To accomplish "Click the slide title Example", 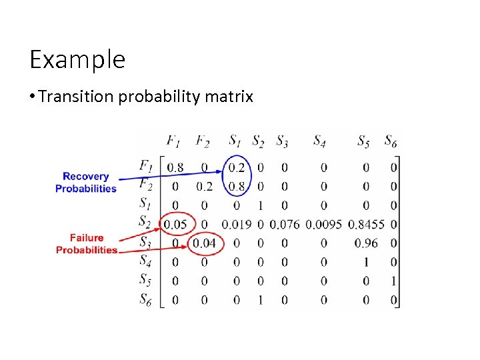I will pos(77,60).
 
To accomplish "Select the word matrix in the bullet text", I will pos(231,97).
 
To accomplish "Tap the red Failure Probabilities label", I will pos(86,243).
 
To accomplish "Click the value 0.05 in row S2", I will pos(175,225).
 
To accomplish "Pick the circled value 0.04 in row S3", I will pos(204,243).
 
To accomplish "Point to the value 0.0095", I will pos(323,225).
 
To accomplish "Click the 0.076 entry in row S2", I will pos(285,225).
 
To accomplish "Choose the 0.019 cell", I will pos(237,225).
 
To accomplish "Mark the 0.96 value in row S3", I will pos(366,243).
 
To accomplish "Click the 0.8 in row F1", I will pos(175,167).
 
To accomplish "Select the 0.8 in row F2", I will pos(237,187).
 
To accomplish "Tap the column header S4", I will pos(319,141).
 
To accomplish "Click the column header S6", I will pos(391,141).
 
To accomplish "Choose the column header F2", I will pos(203,141).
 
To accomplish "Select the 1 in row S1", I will pos(260,205).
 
